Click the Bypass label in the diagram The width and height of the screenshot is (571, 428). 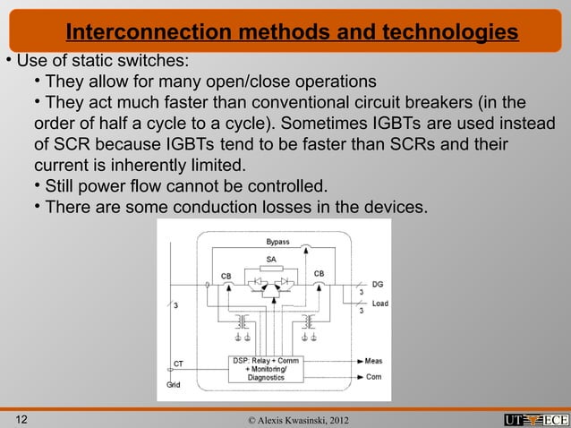277,242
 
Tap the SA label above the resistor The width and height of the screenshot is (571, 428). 270,259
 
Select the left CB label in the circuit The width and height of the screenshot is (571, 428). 227,274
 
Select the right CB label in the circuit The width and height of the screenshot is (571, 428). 319,272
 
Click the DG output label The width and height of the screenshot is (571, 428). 378,284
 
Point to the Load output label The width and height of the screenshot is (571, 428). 380,304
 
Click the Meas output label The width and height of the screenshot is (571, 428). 374,362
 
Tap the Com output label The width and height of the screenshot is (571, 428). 373,377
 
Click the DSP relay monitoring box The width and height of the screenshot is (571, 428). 266,368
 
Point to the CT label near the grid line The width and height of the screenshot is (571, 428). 178,364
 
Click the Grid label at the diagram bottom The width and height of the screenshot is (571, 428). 173,385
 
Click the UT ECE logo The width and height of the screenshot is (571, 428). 535,419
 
